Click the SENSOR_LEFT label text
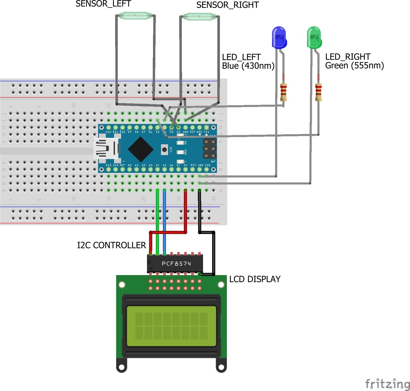[103, 4]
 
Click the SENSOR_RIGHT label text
[227, 5]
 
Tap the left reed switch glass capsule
[135, 16]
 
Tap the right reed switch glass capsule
[199, 17]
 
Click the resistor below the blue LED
[283, 92]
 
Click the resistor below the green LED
[318, 92]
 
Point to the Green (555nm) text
[354, 66]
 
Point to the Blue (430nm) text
[248, 66]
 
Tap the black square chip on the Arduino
[141, 149]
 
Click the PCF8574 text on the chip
[176, 264]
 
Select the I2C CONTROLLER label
[112, 245]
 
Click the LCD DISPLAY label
[255, 279]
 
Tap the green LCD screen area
[171, 326]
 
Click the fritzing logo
[387, 383]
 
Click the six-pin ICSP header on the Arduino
[210, 149]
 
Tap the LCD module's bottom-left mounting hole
[121, 367]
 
